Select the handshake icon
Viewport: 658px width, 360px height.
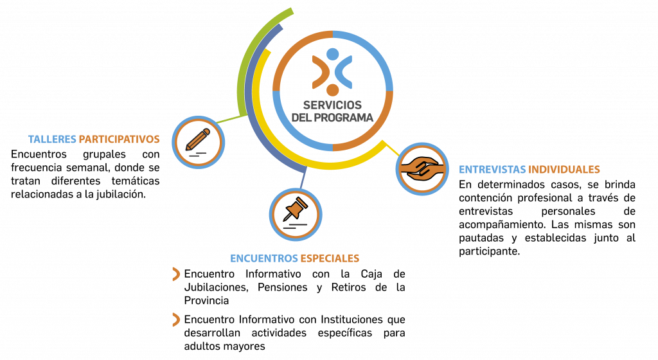point(422,168)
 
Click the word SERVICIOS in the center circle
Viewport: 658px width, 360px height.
point(332,105)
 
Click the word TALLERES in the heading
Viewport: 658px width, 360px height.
point(52,139)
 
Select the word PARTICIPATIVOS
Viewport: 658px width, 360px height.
point(119,139)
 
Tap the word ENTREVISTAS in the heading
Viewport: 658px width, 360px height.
point(492,170)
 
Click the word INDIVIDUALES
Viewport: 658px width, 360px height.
point(564,170)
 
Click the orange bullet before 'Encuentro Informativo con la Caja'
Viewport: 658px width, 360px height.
point(176,274)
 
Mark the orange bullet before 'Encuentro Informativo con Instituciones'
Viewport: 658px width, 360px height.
point(176,319)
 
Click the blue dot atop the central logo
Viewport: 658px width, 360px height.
point(332,54)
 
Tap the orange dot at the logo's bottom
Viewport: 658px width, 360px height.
point(332,90)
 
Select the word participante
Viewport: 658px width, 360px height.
point(489,252)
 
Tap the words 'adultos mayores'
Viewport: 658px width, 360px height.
point(224,346)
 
